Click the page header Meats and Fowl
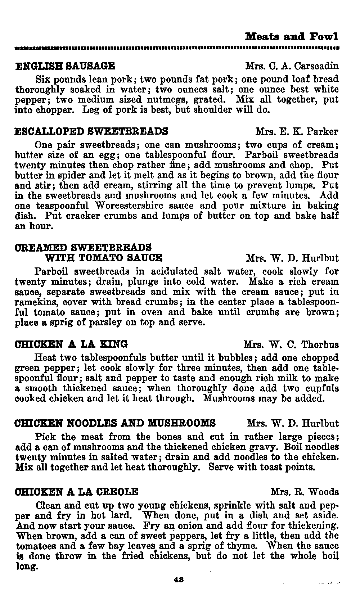292,37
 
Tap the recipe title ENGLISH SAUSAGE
65,66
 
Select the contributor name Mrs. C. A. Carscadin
292,66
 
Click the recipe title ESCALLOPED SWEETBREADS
91,131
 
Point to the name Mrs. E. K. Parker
297,131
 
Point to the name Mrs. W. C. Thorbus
291,344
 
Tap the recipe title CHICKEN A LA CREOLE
76,491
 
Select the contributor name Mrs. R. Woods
305,492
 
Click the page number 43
178,579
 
